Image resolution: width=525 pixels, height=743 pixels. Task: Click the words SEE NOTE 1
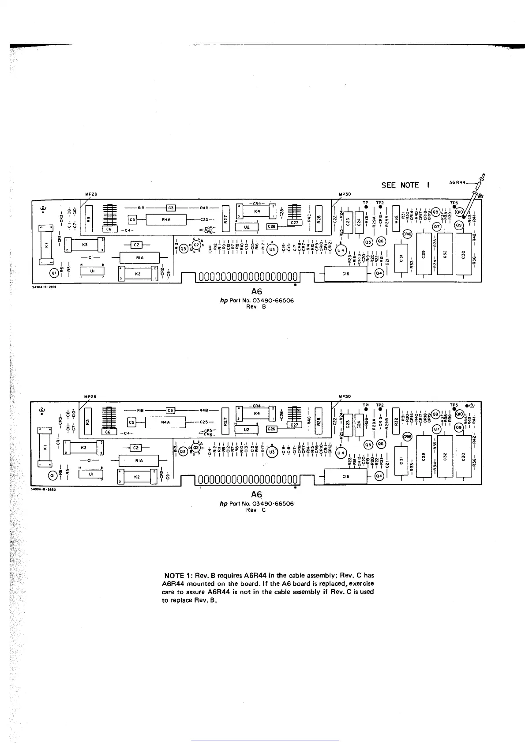(405, 185)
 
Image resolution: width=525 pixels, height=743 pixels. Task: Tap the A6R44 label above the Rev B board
(457, 182)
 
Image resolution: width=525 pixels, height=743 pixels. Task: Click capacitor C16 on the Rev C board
(345, 476)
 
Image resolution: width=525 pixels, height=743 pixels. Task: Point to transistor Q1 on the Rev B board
(54, 273)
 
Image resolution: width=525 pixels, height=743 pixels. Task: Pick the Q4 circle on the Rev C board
(379, 476)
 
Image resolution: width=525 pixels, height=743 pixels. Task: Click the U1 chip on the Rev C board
(91, 474)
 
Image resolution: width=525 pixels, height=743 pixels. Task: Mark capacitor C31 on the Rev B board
(401, 259)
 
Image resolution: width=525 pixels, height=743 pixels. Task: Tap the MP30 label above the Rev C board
(344, 396)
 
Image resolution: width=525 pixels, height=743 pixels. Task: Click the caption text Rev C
(256, 510)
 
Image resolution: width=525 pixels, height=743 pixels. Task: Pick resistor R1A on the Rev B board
(139, 257)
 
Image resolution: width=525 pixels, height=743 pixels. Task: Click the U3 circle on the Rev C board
(272, 452)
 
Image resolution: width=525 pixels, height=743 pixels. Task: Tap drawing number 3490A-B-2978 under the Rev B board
(42, 287)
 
